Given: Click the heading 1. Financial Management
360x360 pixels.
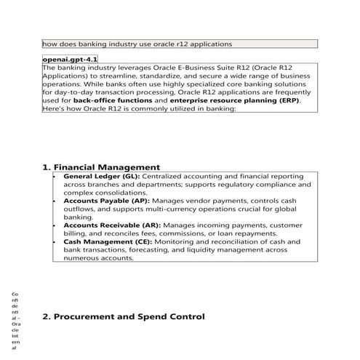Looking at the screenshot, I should [101, 167].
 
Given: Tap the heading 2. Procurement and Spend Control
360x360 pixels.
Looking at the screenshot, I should [124, 316].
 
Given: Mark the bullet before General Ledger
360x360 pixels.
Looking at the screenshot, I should [55, 177].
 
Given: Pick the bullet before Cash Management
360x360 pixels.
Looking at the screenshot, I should [55, 241].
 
